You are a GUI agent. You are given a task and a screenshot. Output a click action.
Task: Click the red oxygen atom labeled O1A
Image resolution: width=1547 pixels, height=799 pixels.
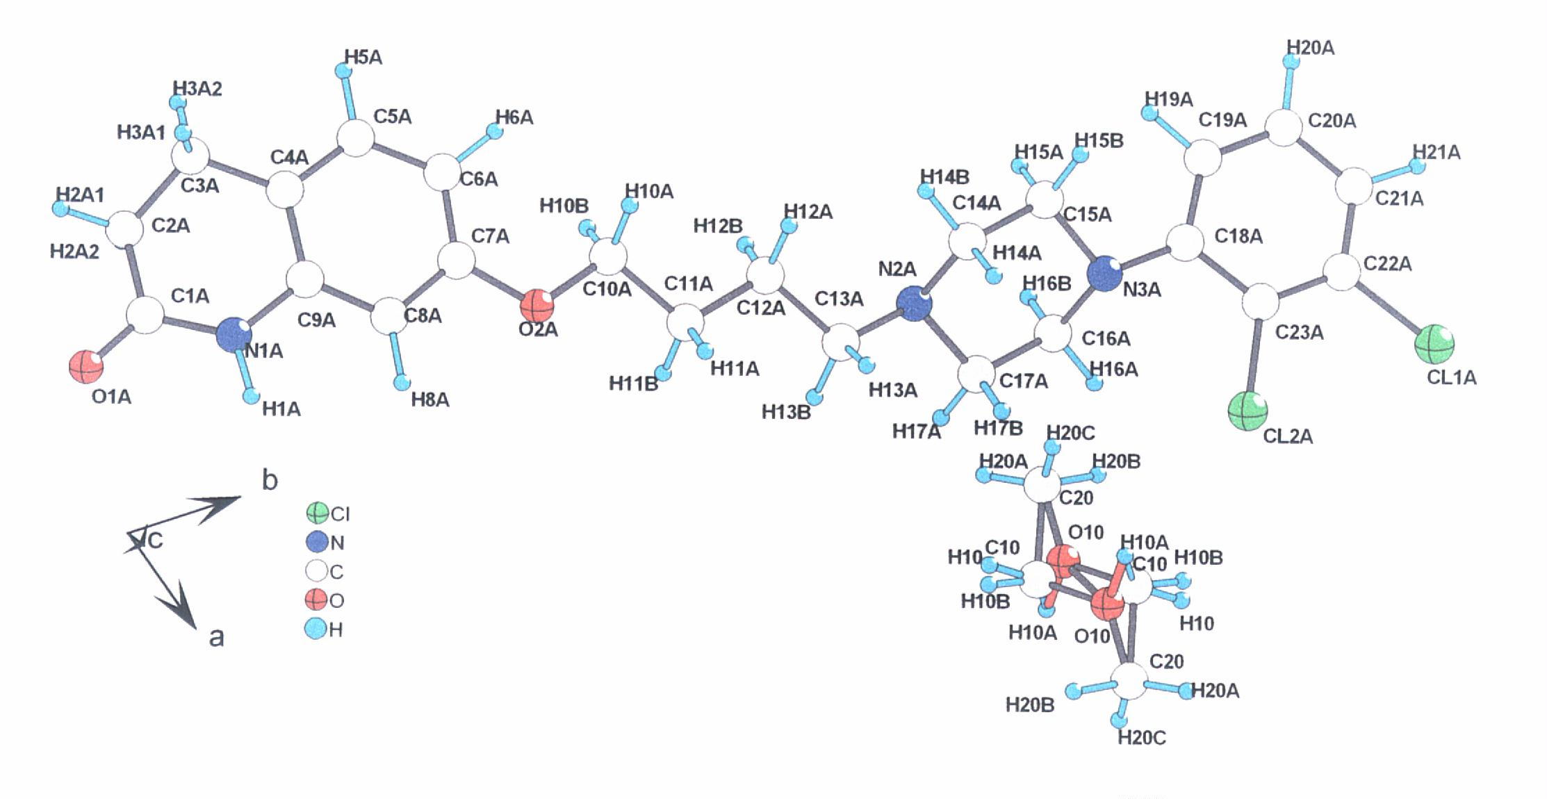pos(86,366)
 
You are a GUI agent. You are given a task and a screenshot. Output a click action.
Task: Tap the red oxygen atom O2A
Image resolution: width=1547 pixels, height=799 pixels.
pos(537,306)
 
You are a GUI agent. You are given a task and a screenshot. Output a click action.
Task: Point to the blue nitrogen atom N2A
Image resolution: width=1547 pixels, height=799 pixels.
pos(913,304)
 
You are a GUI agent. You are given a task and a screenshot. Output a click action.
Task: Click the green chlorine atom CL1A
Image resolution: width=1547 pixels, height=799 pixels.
pos(1434,344)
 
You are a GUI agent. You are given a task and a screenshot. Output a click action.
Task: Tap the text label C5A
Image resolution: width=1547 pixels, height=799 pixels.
pos(392,116)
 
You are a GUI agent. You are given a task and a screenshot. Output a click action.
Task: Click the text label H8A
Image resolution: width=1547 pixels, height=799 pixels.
pos(430,400)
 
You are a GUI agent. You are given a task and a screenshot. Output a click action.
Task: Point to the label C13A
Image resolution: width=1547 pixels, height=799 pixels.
pos(839,299)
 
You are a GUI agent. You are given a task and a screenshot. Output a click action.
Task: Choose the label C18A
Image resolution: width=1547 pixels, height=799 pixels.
pos(1238,236)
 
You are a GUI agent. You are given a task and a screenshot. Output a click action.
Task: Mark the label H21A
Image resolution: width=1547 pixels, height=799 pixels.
pos(1436,153)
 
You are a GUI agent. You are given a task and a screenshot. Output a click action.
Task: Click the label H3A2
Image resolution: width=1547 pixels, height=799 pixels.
pos(197,89)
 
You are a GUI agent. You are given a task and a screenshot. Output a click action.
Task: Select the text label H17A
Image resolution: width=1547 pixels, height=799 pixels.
pos(916,432)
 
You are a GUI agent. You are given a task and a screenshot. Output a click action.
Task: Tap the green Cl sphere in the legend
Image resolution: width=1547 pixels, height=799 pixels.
pos(318,513)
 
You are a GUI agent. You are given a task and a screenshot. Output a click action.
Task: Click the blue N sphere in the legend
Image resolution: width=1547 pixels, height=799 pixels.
pos(318,542)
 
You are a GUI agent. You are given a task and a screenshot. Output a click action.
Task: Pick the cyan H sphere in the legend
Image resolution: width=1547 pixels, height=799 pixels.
pos(316,629)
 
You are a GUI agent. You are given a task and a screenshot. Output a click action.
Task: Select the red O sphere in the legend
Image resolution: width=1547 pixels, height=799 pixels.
pos(317,600)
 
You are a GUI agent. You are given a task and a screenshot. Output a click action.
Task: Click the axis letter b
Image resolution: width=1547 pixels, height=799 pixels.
pos(270,480)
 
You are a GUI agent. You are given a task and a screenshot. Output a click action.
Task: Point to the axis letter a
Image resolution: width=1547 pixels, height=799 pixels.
pos(217,636)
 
